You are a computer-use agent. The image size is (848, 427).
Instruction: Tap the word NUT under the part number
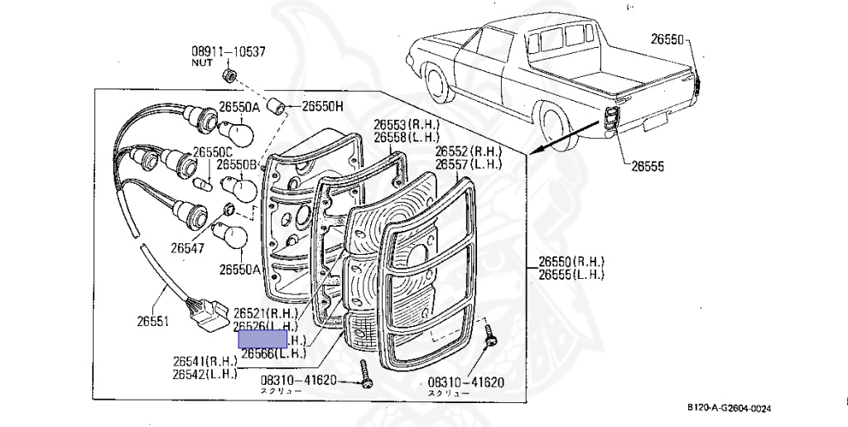point(202,63)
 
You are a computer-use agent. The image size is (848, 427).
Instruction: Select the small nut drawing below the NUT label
point(230,77)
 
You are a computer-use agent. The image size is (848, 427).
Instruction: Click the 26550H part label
point(322,107)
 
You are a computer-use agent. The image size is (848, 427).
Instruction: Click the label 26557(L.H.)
point(469,164)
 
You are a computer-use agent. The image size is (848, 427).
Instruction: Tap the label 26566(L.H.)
point(273,353)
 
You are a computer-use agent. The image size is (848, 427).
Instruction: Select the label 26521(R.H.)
point(266,314)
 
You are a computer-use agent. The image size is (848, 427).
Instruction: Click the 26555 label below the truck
point(648,166)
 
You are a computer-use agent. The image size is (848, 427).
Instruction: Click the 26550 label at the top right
point(667,39)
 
